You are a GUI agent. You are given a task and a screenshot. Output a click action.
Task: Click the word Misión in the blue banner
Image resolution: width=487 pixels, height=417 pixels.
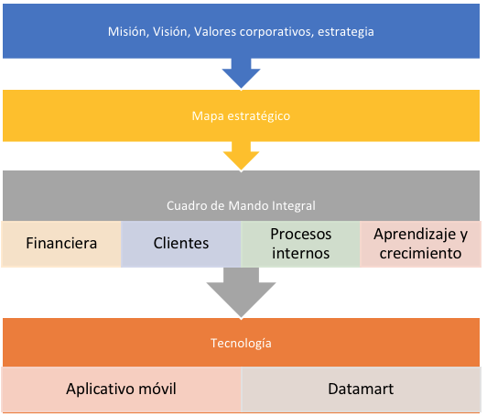pos(127,32)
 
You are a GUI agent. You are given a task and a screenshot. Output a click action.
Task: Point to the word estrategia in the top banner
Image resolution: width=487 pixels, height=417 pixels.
pos(346,33)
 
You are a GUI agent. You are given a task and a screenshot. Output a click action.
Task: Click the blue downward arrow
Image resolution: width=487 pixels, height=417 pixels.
pos(241,73)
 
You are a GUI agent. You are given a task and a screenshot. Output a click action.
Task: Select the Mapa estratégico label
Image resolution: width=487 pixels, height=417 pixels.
pos(241,116)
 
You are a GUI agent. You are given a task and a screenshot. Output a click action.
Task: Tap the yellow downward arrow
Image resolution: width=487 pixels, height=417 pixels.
pos(241,156)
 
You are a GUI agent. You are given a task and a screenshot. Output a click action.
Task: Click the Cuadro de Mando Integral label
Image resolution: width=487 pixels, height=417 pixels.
pos(241,206)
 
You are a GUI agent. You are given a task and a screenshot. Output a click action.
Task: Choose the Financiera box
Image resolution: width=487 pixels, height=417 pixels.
pos(61,244)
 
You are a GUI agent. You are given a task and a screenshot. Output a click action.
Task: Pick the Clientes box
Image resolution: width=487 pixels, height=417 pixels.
pos(180,244)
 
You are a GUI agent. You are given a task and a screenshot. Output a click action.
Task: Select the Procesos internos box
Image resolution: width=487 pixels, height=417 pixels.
pos(300,244)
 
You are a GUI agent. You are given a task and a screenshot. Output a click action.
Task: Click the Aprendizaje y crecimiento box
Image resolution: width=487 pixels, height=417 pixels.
pos(420,244)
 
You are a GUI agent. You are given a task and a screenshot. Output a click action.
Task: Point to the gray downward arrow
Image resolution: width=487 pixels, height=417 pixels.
pos(241,292)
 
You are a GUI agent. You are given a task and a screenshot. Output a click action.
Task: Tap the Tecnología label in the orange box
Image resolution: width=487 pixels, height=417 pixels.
pos(241,344)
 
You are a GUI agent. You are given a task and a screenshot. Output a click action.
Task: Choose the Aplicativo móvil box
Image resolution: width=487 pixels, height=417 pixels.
pos(121,390)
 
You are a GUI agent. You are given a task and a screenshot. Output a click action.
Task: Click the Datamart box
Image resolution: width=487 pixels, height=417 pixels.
pos(361,390)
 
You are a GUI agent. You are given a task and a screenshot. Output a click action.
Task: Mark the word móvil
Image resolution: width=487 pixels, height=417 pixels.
pos(157,389)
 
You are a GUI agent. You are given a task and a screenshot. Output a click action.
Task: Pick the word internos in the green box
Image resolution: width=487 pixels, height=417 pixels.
pos(300,254)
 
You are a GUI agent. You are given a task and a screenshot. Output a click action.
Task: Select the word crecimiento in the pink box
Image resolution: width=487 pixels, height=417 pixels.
pos(420,254)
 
